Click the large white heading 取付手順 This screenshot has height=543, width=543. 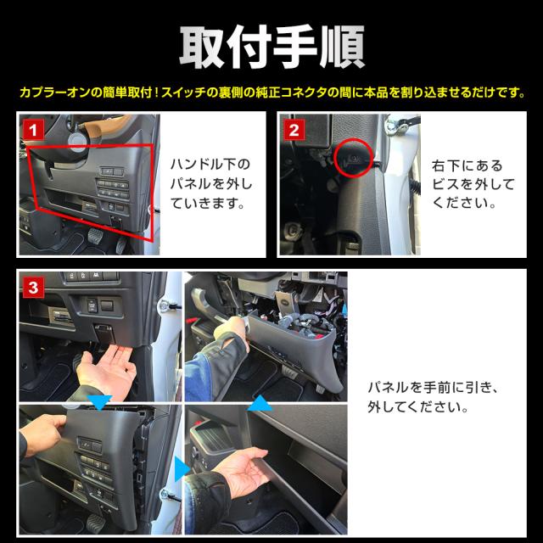(271, 48)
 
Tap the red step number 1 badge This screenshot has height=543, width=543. (33, 130)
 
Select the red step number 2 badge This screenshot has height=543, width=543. (294, 130)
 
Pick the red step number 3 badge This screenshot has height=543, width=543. (33, 287)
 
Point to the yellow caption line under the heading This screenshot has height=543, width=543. (272, 92)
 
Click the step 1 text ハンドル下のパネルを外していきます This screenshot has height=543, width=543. (210, 183)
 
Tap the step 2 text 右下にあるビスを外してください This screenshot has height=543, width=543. (473, 184)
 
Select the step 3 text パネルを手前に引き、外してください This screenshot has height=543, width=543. (434, 397)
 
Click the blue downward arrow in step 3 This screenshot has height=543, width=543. (100, 401)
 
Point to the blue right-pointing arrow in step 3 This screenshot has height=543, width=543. (182, 469)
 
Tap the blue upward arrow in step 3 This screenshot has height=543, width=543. (260, 405)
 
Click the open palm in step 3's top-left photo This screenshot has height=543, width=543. (107, 369)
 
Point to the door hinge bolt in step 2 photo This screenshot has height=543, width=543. (392, 125)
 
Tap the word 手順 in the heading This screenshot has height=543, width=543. (319, 48)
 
